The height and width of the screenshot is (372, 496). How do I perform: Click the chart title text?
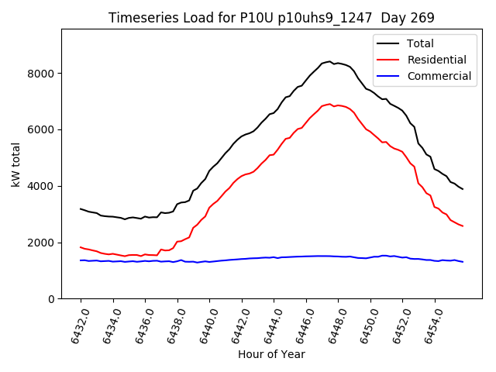pos(271,18)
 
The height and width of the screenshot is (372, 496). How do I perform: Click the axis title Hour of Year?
pos(271,354)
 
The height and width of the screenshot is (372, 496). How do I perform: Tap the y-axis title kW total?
pos(15,164)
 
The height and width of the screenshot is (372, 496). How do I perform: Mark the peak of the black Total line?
pos(329,61)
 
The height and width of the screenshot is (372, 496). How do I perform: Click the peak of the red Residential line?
pos(329,104)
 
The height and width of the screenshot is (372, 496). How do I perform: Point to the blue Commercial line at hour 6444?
pos(274,257)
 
